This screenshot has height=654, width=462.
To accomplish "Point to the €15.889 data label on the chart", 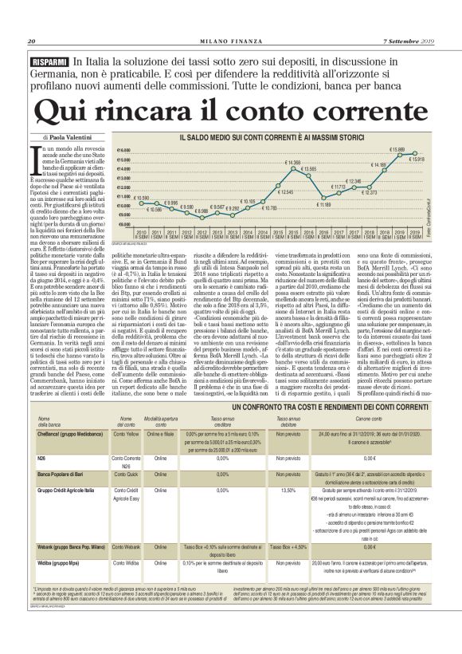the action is (x=396, y=149).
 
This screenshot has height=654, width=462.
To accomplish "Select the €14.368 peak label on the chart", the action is (x=292, y=163).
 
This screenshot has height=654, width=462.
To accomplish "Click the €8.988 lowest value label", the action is (x=202, y=211).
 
